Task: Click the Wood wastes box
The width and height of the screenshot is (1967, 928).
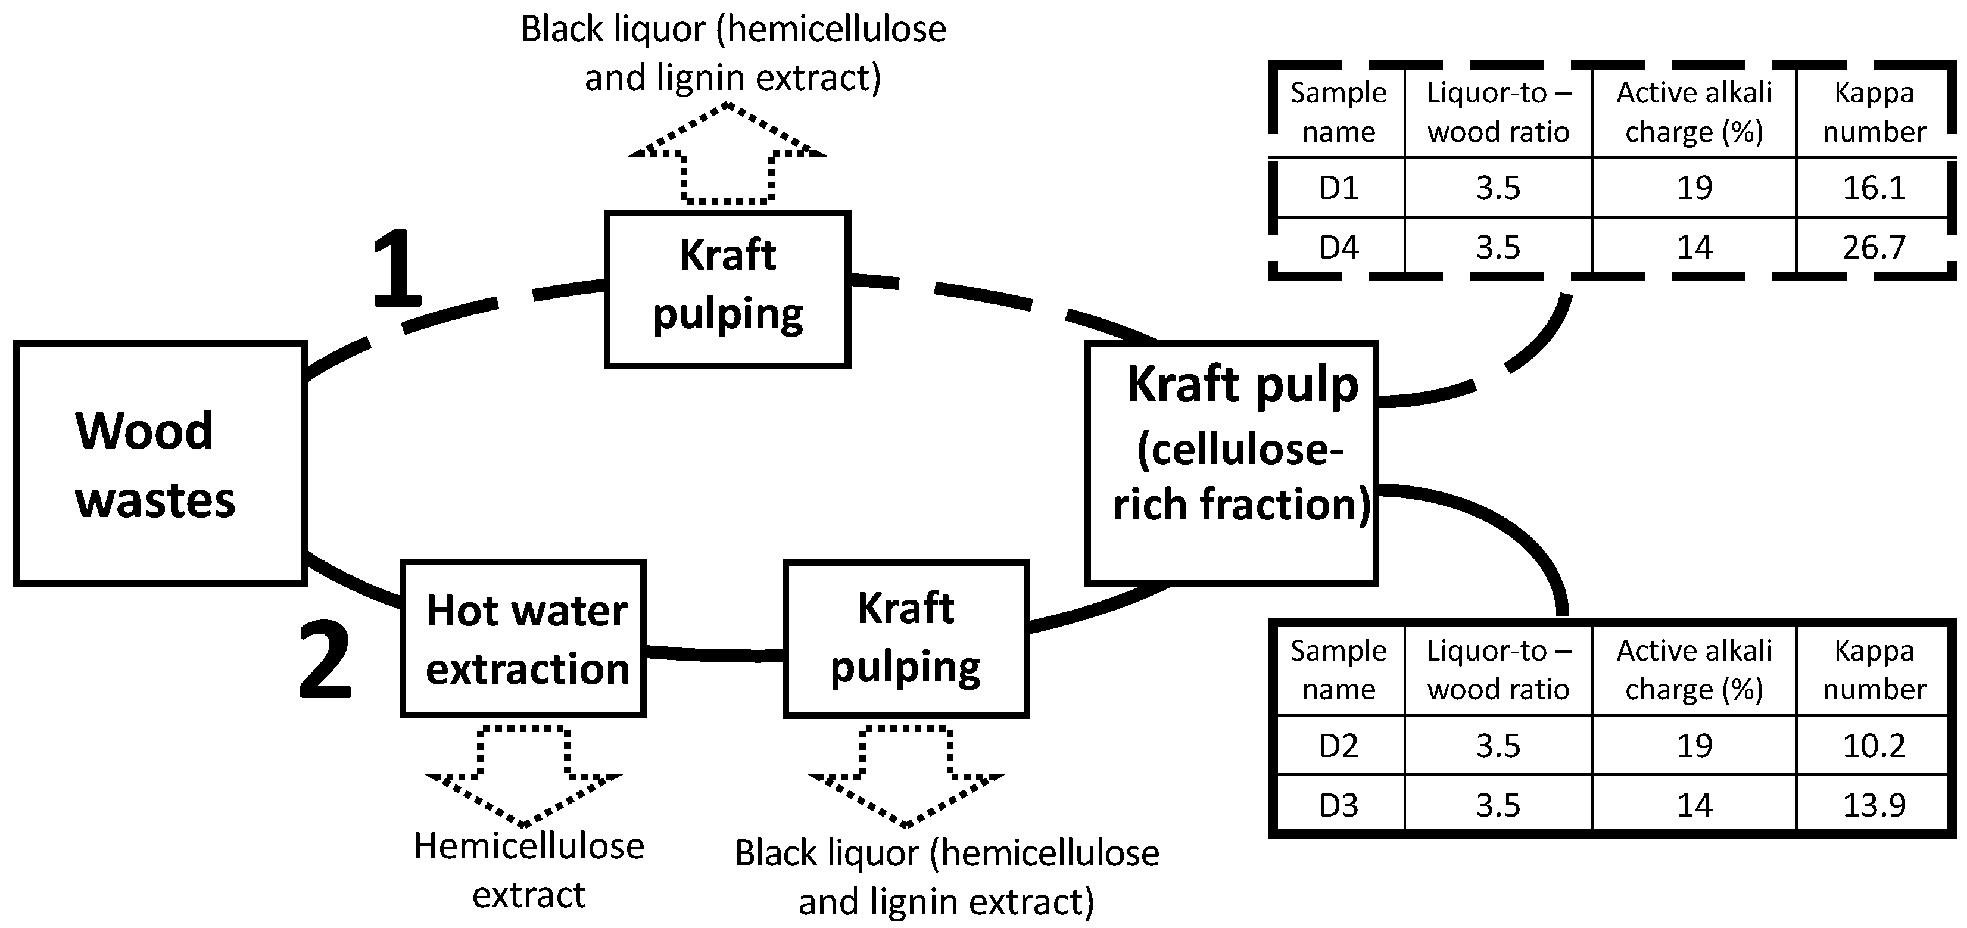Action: point(160,463)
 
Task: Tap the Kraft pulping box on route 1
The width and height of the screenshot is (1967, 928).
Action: point(727,289)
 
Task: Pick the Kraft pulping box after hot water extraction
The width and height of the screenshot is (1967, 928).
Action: point(906,639)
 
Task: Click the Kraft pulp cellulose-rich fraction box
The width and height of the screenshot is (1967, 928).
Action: point(1232,463)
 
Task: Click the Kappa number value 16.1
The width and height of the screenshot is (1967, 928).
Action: point(1874,188)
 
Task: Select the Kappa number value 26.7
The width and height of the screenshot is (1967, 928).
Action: point(1874,247)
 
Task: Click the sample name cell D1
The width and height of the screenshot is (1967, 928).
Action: point(1339,188)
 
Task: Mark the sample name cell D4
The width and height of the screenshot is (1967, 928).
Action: point(1339,247)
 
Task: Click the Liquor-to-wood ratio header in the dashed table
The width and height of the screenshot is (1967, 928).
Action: point(1498,112)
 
